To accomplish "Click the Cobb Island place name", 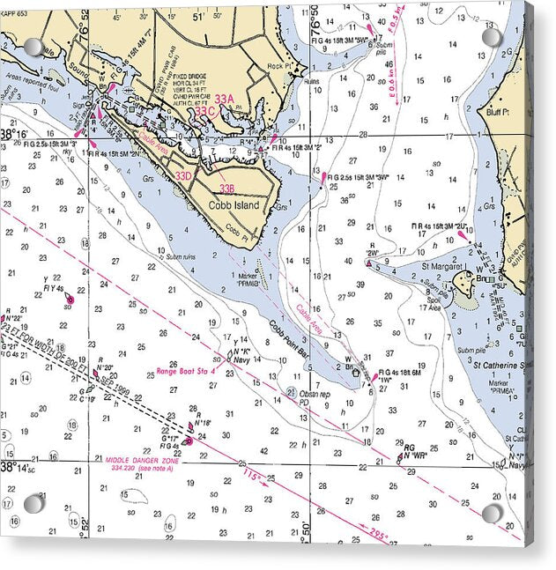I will [x=234, y=205].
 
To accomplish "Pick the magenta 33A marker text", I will [x=225, y=99].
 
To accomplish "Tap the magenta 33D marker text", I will [x=182, y=176].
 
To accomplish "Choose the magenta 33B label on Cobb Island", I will [x=226, y=189].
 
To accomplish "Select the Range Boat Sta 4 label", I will [x=185, y=371].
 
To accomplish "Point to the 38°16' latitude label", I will [x=15, y=135].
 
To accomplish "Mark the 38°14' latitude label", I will [x=16, y=467].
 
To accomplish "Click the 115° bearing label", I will [x=253, y=477].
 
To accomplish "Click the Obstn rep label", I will [x=315, y=394].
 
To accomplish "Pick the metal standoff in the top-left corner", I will [x=33, y=47].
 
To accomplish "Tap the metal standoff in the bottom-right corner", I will [x=492, y=513].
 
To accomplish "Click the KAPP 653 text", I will [x=15, y=12].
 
